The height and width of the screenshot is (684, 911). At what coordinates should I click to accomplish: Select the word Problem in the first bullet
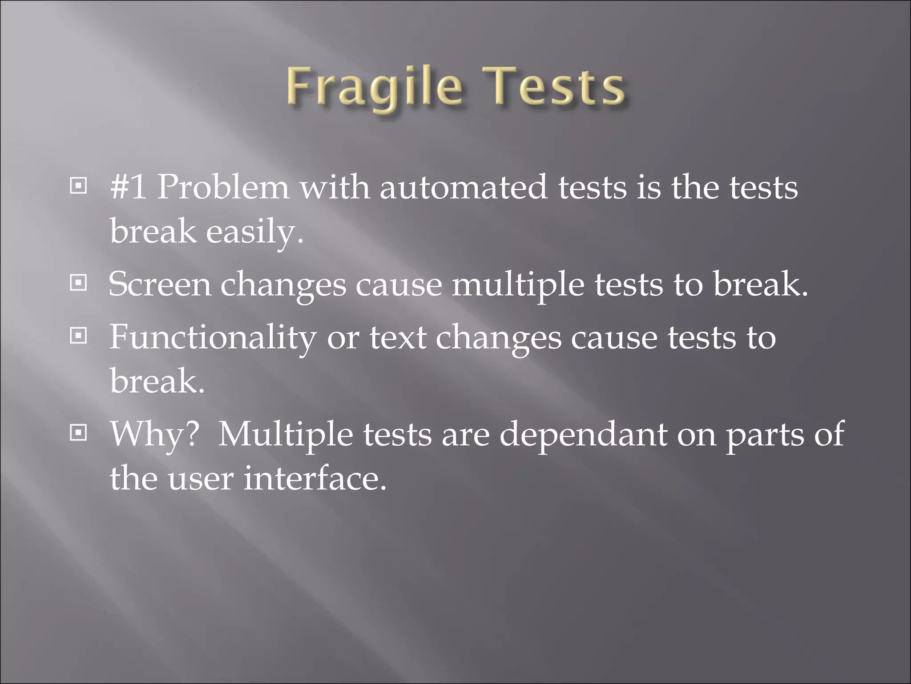point(223,187)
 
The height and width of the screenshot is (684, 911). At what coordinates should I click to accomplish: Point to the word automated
point(463,187)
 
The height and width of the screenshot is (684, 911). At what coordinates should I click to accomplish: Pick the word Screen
point(160,284)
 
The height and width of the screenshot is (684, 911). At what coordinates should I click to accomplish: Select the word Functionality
point(213,337)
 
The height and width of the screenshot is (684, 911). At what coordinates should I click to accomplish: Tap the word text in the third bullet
point(398,337)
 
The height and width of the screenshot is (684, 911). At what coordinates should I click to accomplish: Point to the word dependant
point(583,434)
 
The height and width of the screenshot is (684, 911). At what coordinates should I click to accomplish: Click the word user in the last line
point(200,478)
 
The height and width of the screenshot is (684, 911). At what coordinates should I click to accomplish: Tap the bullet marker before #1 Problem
point(78,186)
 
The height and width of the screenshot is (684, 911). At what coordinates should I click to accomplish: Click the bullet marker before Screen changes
point(78,283)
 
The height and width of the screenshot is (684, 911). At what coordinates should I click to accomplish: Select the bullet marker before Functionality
point(78,336)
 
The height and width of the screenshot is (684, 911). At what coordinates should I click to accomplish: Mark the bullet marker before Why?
point(78,432)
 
